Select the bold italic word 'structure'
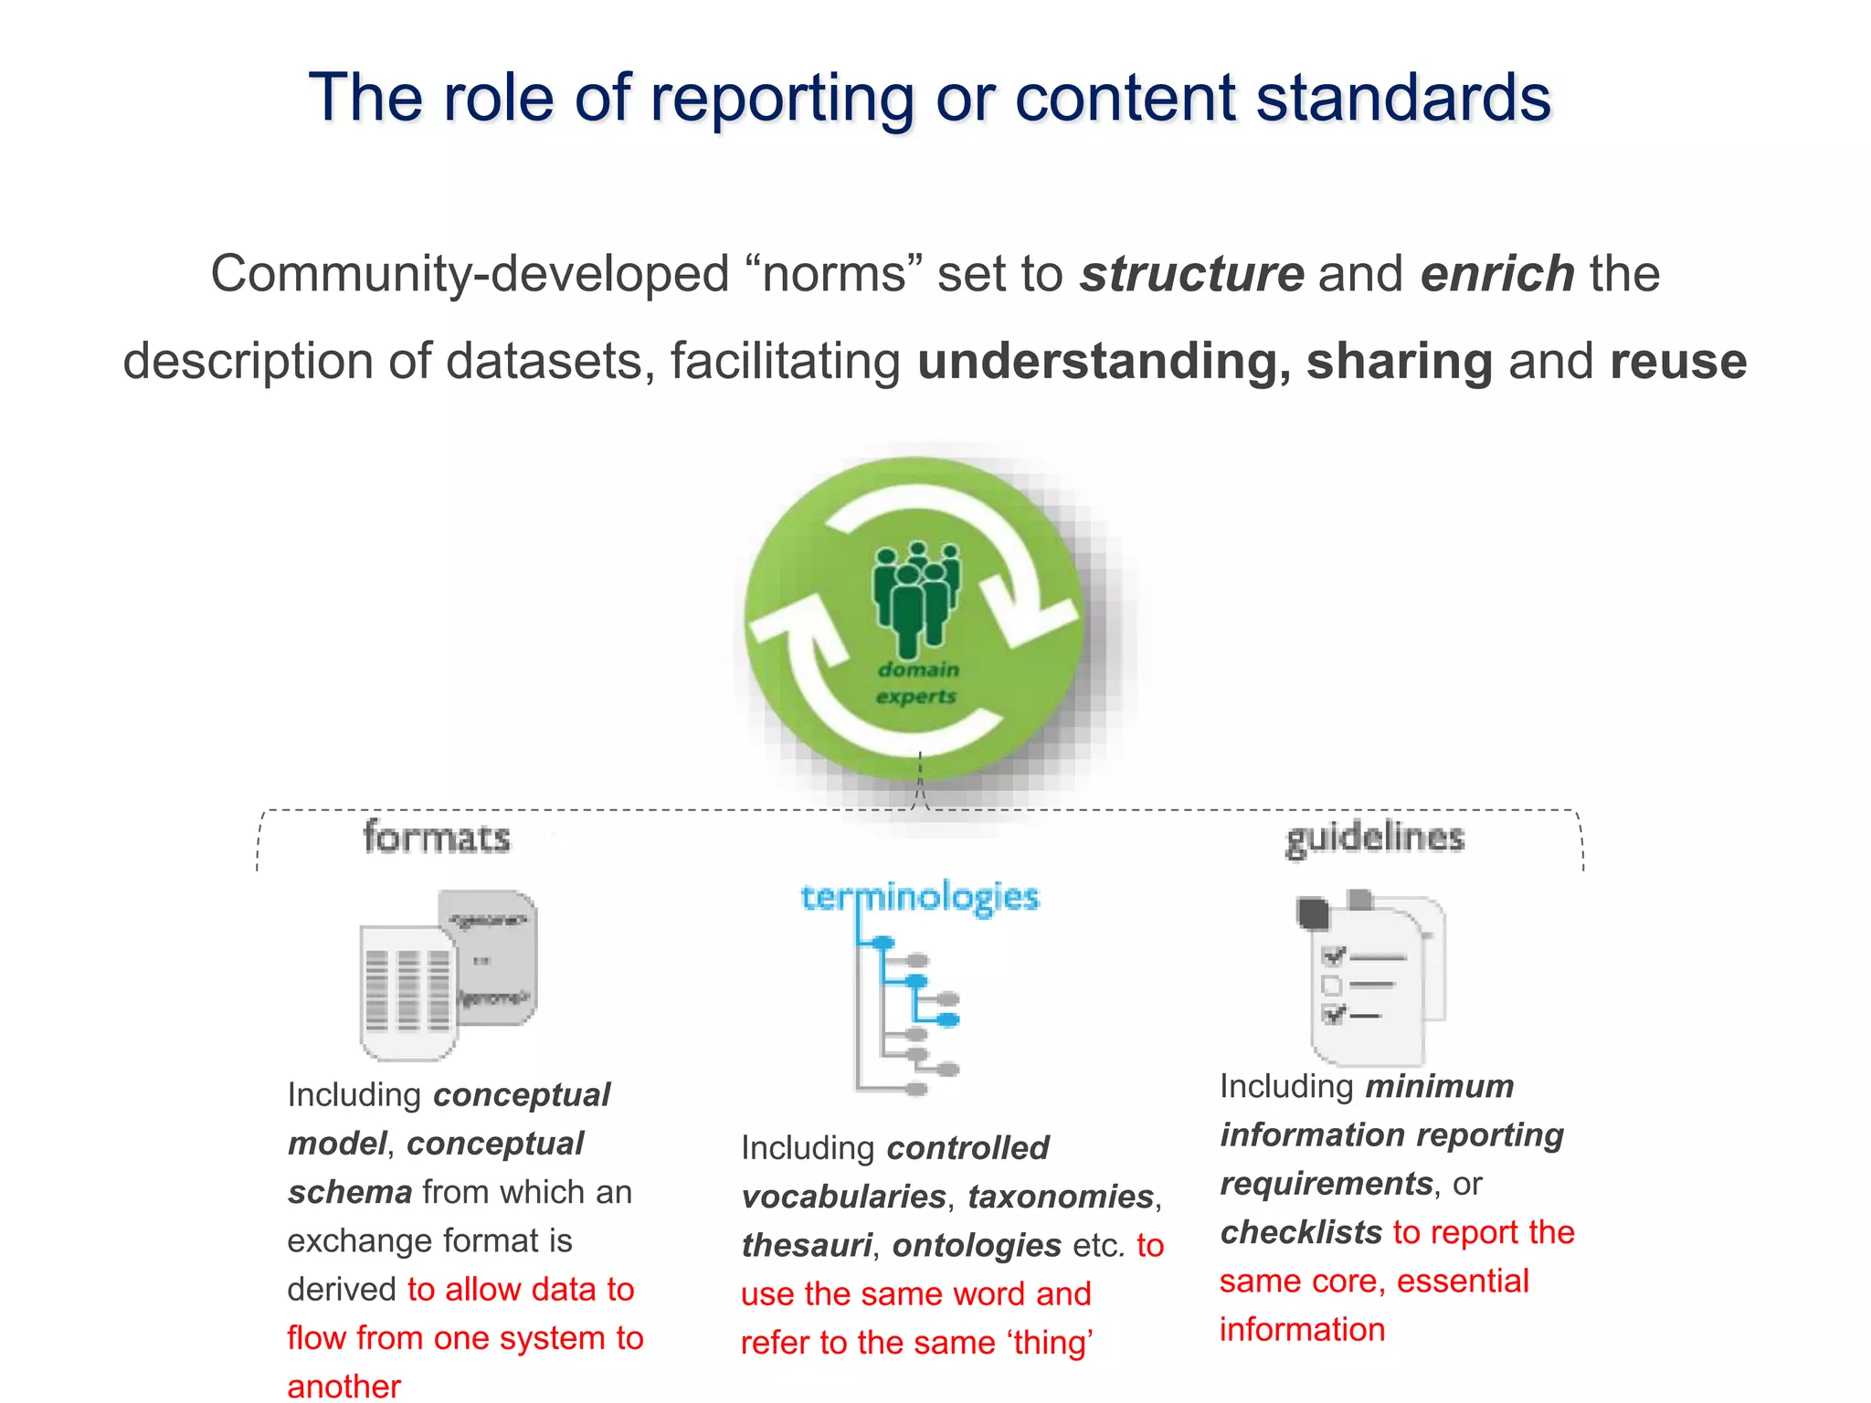1191,274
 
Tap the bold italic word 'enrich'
1496,274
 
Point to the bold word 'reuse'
1677,361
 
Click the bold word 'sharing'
1399,361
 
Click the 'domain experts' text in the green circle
916,682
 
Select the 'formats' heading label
437,838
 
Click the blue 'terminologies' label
920,897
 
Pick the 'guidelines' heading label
1374,838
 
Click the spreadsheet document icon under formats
408,991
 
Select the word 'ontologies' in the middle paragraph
976,1246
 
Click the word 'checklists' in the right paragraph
1301,1233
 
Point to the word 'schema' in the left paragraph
350,1193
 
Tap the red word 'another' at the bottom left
344,1386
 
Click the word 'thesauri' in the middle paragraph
806,1246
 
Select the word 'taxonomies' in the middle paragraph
1061,1197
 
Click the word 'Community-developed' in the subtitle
470,274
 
